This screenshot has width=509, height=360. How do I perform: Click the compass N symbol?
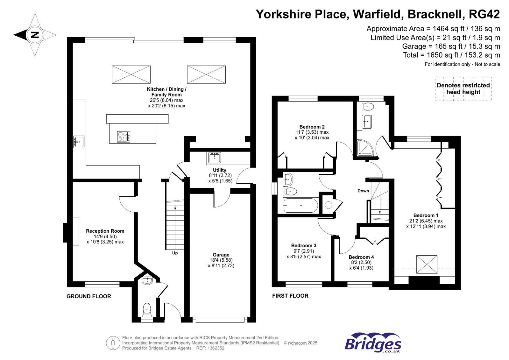click(x=35, y=35)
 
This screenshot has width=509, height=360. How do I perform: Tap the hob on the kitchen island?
click(x=123, y=137)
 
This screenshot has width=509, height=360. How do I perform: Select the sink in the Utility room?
click(x=215, y=158)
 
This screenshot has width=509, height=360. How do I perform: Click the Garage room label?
click(x=221, y=255)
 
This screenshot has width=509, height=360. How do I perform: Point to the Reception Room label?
click(x=105, y=231)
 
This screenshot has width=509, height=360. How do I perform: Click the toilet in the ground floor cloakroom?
click(x=147, y=309)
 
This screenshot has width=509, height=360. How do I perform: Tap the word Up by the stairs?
click(x=175, y=253)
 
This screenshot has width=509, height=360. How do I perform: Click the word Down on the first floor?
click(x=363, y=191)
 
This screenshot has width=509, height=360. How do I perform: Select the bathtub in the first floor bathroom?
click(x=300, y=206)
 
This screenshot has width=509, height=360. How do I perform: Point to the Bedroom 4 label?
click(x=361, y=257)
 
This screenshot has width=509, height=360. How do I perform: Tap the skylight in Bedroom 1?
click(x=427, y=264)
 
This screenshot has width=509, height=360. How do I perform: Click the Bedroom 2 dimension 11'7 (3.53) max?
click(x=312, y=132)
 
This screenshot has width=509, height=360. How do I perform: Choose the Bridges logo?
click(x=373, y=343)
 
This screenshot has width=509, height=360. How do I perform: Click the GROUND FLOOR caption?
click(x=88, y=296)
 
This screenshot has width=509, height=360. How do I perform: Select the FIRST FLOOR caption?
click(x=290, y=296)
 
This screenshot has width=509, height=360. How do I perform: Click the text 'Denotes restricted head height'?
click(x=463, y=89)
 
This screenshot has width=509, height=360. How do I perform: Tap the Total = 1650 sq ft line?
click(x=451, y=55)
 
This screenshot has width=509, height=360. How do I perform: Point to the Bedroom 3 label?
click(x=303, y=245)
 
